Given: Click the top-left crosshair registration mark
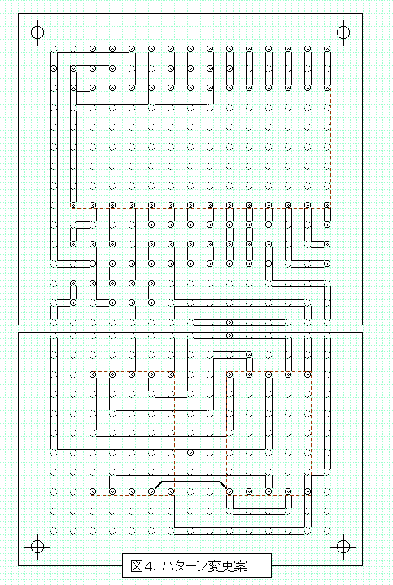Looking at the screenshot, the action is (x=37, y=32).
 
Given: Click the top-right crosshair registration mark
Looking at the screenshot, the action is (x=343, y=32).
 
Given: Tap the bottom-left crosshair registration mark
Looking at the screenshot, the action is (x=37, y=547).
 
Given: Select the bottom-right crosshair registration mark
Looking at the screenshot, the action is (x=343, y=547).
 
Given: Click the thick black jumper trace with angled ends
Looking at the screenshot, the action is (x=190, y=482).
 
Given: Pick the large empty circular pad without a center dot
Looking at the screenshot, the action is (x=93, y=264).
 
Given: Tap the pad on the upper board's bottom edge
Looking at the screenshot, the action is (x=229, y=322).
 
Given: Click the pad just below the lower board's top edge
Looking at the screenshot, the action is (x=229, y=335).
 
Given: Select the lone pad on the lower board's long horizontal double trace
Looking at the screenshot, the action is (x=190, y=452).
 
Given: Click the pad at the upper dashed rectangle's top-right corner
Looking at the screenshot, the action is (x=327, y=88).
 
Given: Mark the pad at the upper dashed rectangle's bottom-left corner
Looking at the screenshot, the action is (x=73, y=205).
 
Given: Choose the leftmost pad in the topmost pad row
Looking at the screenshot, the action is (x=93, y=49).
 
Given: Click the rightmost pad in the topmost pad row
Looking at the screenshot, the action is (x=327, y=49).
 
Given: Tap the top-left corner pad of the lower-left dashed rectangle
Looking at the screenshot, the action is (x=93, y=374).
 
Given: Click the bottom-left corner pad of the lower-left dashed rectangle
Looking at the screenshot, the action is (x=93, y=491).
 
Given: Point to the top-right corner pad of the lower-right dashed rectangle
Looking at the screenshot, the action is (x=308, y=374).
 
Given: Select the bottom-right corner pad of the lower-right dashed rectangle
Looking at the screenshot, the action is (x=308, y=491).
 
